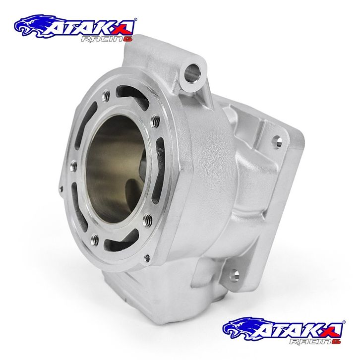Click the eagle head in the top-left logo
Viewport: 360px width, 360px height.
[x=32, y=26]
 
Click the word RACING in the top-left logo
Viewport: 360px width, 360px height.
[x=107, y=39]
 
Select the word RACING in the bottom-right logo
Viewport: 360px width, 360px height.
[x=315, y=341]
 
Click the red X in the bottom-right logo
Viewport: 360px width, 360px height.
[x=334, y=329]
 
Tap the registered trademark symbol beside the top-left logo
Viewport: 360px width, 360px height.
[x=135, y=19]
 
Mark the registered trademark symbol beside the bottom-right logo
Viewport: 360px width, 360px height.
[x=344, y=322]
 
